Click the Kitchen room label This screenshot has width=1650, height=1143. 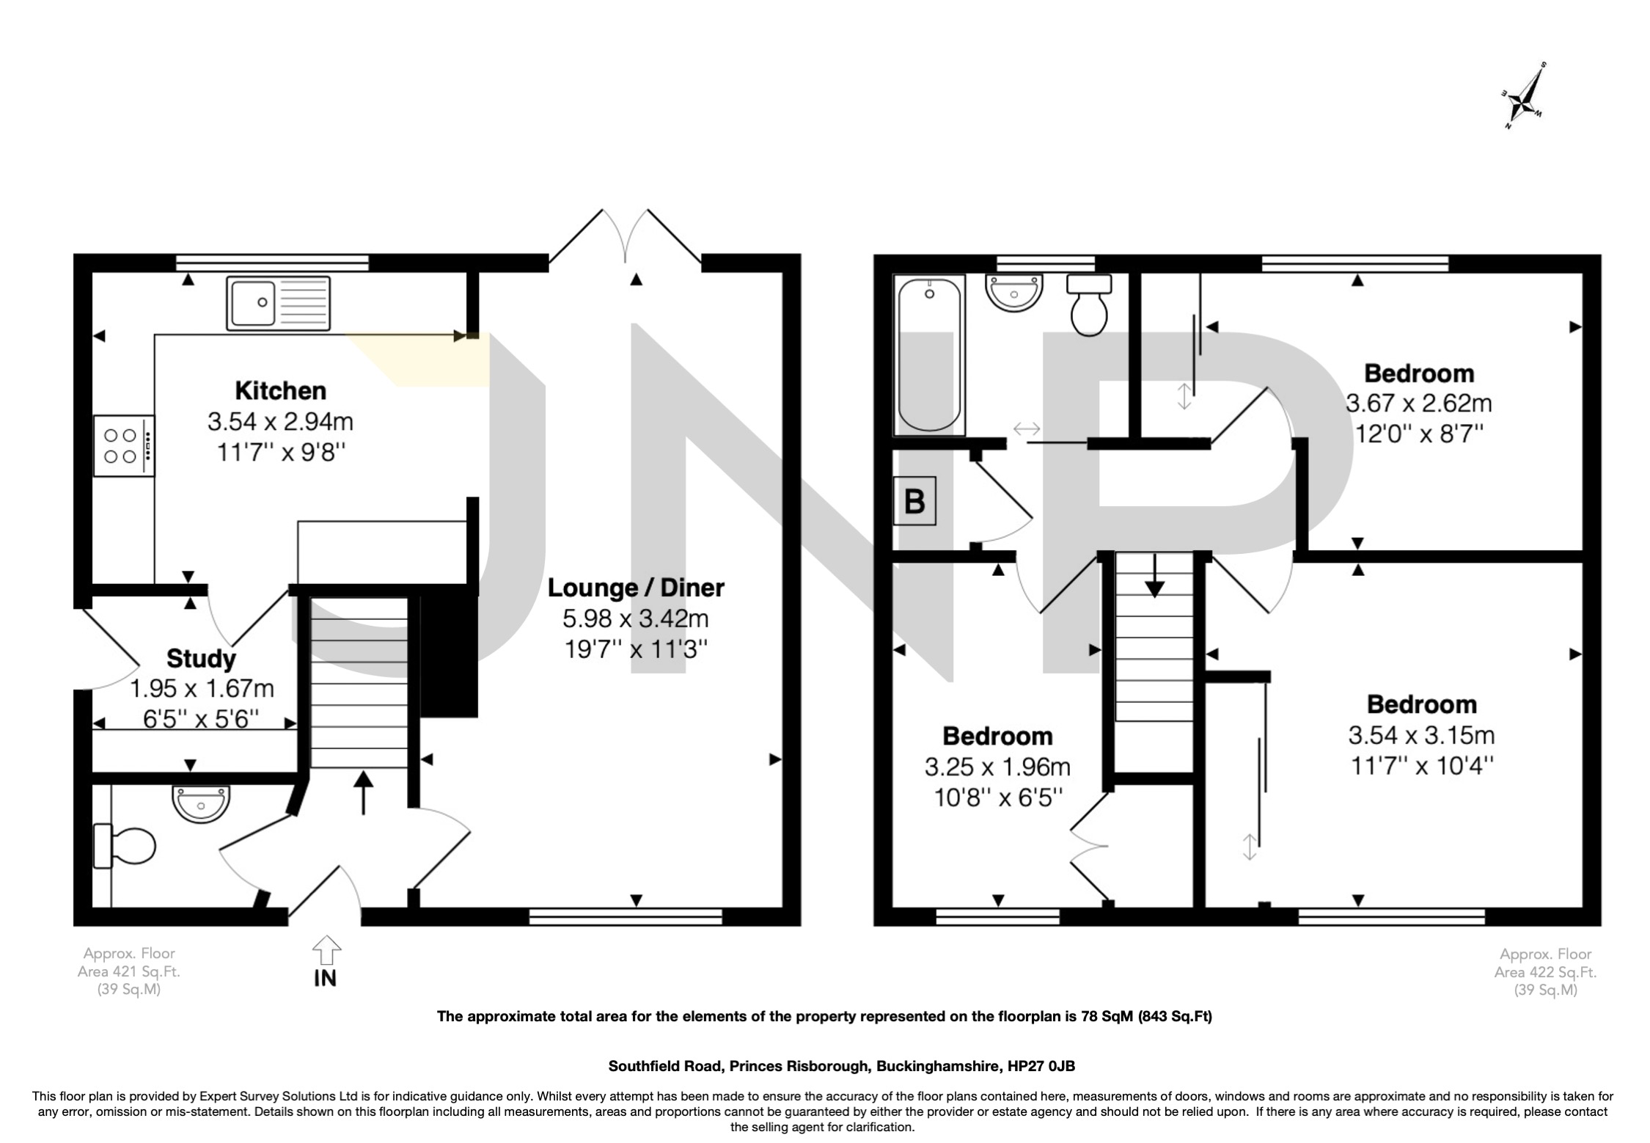tap(280, 390)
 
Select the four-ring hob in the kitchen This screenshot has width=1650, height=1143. tap(124, 445)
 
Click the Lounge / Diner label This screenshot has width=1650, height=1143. tap(635, 588)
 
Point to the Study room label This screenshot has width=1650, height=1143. tap(201, 658)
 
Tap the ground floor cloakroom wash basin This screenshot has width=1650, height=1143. tap(201, 802)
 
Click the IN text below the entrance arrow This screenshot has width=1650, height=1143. tap(325, 978)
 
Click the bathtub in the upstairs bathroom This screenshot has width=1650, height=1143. tap(928, 356)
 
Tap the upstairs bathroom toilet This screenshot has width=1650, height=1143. tap(1089, 305)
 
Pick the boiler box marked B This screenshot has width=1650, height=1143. tap(914, 501)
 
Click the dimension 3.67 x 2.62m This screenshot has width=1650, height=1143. tap(1418, 403)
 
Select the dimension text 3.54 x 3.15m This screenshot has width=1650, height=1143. tap(1420, 735)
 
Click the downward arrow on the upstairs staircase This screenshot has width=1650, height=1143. tap(1154, 577)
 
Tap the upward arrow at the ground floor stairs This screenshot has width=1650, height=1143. tap(363, 792)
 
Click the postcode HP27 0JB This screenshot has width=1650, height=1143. tap(1041, 1066)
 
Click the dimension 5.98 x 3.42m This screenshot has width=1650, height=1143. tap(635, 618)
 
